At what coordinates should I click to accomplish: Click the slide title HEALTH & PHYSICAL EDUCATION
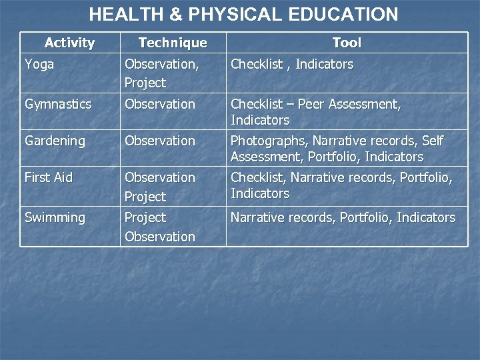243,14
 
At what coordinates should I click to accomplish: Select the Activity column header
70,43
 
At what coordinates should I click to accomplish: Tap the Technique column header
173,43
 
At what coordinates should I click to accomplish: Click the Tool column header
347,43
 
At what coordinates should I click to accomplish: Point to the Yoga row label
39,65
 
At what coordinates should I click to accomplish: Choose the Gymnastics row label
58,105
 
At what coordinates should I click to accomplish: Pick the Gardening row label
55,141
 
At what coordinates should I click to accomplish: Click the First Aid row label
48,178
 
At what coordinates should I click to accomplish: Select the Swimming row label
55,218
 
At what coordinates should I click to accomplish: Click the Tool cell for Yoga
292,65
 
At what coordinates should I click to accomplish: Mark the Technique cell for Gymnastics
160,105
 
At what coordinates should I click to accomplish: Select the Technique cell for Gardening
160,141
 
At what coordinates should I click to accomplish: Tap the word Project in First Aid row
145,197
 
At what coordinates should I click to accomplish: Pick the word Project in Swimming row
145,218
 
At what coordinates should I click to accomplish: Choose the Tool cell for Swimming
343,218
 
